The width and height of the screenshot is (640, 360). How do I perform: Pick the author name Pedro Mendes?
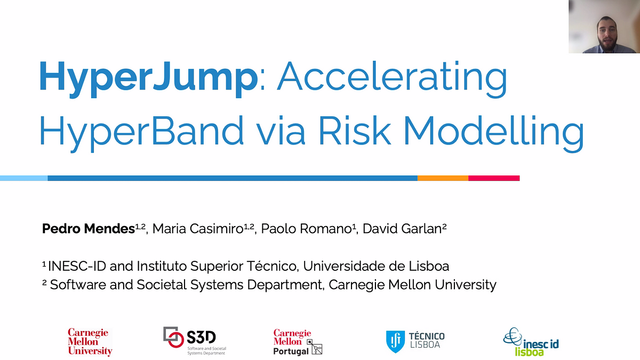click(x=88, y=229)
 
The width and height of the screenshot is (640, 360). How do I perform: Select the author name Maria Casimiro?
click(x=197, y=229)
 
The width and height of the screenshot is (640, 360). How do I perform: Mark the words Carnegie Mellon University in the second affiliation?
click(x=412, y=285)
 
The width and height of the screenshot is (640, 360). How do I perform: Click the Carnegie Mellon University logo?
click(x=90, y=342)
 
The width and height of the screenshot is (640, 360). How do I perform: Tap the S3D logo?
click(x=195, y=341)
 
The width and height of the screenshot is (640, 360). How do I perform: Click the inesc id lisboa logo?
click(x=531, y=342)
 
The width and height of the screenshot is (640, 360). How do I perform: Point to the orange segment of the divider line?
click(x=443, y=178)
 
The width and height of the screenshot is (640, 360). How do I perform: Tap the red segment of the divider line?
click(x=494, y=178)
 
